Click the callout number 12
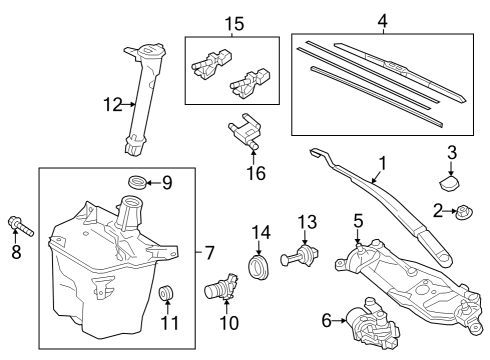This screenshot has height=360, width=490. click(113, 105)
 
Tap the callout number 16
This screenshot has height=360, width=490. click(256, 173)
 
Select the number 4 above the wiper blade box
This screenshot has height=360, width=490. click(382, 21)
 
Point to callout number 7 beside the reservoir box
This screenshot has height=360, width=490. click(209, 252)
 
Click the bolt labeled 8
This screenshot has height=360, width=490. click(20, 226)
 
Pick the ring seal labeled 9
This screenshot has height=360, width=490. click(137, 182)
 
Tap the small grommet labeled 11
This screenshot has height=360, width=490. click(165, 292)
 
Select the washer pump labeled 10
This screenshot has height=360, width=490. click(221, 286)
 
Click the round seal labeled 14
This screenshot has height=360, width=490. click(259, 267)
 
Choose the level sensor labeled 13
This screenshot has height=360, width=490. click(300, 255)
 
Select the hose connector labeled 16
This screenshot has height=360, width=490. click(244, 131)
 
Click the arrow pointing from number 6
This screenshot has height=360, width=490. click(339, 321)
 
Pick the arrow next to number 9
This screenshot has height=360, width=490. click(153, 183)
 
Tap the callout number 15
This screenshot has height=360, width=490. click(234, 24)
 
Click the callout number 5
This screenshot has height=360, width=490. click(358, 221)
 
